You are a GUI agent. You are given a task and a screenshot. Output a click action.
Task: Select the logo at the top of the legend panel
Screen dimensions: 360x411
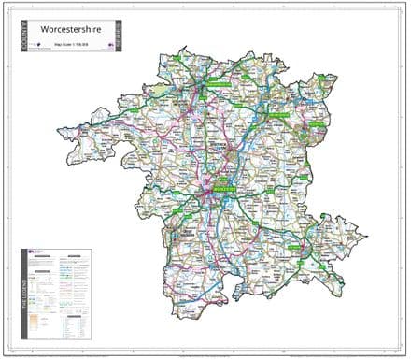click(36, 253)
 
